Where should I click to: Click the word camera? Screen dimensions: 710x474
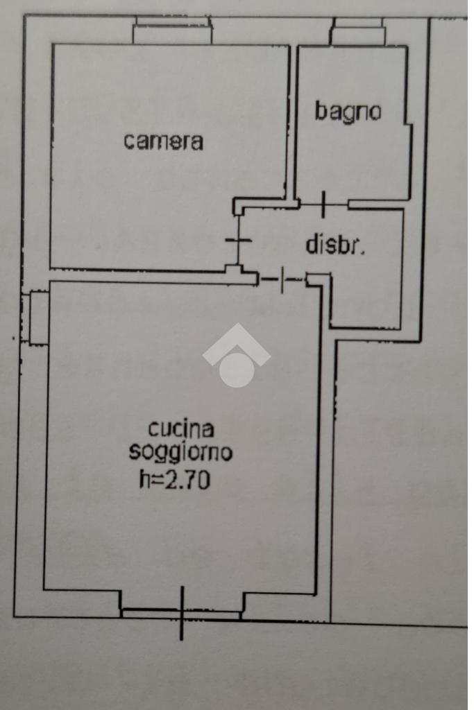pos(164,141)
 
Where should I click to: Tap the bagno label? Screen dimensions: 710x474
pos(348,112)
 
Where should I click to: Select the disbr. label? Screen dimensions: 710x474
pos(335,245)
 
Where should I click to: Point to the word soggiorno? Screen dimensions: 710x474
pos(180,453)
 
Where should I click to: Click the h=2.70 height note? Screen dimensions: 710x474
pos(174,480)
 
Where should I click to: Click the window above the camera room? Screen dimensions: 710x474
pos(172,32)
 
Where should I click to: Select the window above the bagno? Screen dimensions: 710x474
pos(357,33)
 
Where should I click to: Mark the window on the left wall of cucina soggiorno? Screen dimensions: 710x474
pos(38,318)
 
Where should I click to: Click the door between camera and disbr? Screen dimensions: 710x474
pos(239,241)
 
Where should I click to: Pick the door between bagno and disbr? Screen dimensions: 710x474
pos(323,205)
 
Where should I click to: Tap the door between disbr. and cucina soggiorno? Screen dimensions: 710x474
pos(282,280)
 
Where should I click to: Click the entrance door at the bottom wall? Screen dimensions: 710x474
pos(182,614)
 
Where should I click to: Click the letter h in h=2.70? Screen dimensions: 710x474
pos(144,479)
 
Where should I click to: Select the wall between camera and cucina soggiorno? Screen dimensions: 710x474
pos(139,275)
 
